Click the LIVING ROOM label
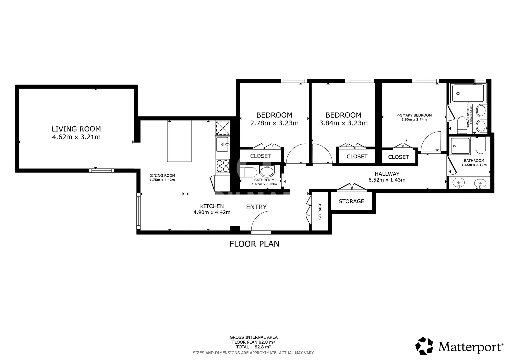pos(76,129)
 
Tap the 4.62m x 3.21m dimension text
pos(76,137)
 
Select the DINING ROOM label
pos(162,175)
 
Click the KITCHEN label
pos(212,206)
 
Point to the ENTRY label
pos(256,207)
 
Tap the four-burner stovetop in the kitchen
pos(223,166)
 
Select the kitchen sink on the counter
pos(222,144)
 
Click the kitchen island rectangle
pos(179,141)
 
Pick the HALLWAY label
pos(387,174)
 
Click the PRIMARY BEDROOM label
pos(414,115)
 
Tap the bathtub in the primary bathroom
pos(468,93)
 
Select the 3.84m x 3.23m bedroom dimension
pos(343,123)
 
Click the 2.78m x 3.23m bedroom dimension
pos(274,123)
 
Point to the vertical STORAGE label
pos(320,211)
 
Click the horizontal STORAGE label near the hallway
pos(351,201)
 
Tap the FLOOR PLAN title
pos(254,244)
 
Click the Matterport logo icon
pos(424,346)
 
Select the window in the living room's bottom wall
pos(102,170)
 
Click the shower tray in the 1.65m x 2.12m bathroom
pos(460,146)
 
